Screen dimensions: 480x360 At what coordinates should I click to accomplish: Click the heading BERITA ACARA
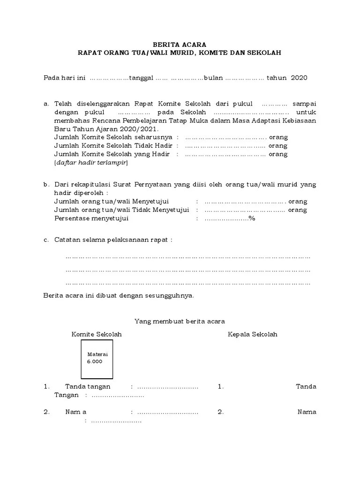coord(180,44)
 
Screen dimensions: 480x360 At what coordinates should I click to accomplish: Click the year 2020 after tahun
coord(299,78)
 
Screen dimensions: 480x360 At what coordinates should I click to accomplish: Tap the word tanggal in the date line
coord(141,78)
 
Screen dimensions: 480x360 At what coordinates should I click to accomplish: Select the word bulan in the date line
coord(213,78)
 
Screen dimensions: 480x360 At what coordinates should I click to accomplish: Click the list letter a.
coord(45,104)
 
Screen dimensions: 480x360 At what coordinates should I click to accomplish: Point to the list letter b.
coord(45,185)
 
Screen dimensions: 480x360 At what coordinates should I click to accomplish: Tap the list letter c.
coord(45,240)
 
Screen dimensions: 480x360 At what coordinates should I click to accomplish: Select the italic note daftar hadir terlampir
coord(91,163)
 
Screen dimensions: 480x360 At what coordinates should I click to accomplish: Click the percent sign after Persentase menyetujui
coord(252,218)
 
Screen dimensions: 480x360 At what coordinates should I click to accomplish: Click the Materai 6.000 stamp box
coord(97,359)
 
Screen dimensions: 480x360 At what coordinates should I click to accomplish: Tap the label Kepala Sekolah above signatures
coord(253,334)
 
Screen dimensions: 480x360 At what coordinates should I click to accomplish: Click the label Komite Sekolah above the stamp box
coord(97,334)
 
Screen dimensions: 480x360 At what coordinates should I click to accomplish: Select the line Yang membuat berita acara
coord(180,321)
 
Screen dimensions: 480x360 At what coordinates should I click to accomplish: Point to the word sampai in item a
coord(304,104)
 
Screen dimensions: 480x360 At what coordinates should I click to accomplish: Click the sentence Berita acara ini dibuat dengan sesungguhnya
coord(119,296)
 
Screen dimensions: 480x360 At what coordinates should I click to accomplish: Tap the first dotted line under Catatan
coord(188,257)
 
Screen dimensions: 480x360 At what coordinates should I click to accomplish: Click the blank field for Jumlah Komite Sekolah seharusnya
coord(225,138)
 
